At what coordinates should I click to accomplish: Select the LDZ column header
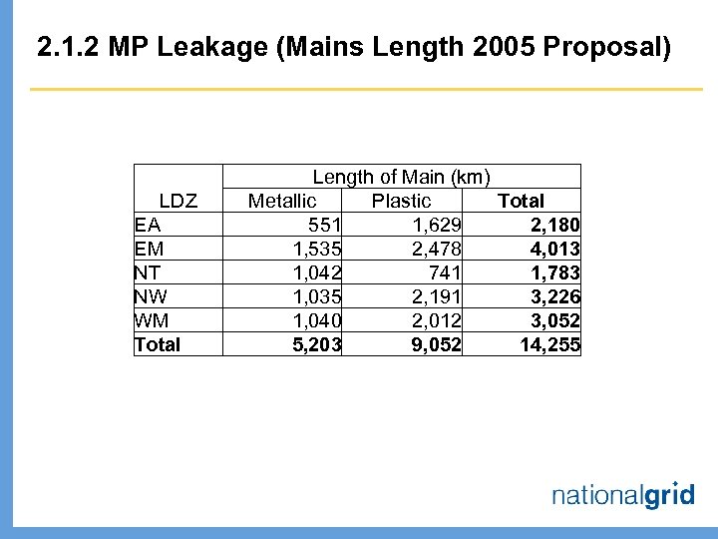(x=178, y=201)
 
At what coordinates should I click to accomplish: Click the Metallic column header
(x=282, y=201)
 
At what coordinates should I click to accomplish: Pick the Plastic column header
(x=401, y=201)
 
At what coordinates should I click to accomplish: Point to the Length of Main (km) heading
(x=401, y=177)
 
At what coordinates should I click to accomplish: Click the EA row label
(x=148, y=225)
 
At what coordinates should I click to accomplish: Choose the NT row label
(x=148, y=272)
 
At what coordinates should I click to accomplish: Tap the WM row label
(x=150, y=320)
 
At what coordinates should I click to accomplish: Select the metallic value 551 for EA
(x=325, y=225)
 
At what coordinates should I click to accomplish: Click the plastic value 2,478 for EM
(x=436, y=249)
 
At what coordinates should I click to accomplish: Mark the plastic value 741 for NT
(x=444, y=272)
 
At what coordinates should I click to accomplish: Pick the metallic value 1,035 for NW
(x=317, y=296)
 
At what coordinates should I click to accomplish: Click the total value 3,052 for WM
(x=553, y=320)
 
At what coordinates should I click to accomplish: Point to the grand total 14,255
(x=549, y=345)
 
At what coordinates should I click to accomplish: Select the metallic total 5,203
(x=317, y=345)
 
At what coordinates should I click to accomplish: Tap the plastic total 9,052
(x=436, y=345)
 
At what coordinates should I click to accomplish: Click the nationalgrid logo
(x=622, y=494)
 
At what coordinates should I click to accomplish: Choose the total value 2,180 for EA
(x=553, y=225)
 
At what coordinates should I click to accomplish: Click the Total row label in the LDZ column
(x=158, y=345)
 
